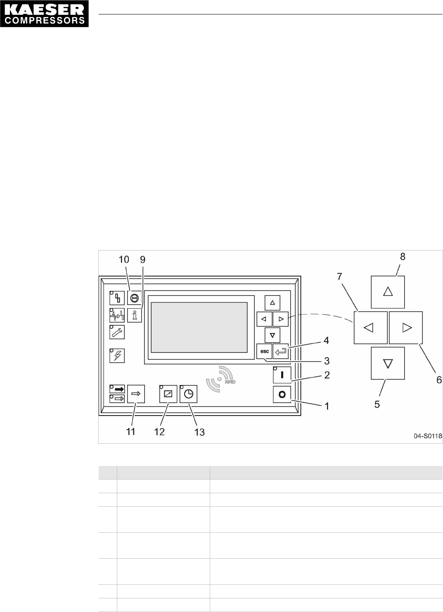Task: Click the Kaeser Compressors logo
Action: pos(44,14)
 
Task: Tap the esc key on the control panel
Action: pos(264,352)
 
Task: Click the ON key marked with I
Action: pos(282,375)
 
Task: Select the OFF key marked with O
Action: pos(282,395)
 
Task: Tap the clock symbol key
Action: pos(188,394)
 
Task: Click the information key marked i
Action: pos(134,315)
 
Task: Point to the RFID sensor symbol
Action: pos(220,378)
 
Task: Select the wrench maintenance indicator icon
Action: pos(117,332)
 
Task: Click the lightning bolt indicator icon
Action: pos(117,355)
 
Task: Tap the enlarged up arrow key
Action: pos(388,292)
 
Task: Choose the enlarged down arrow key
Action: pos(388,363)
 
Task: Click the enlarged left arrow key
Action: pos(370,328)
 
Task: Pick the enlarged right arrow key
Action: pos(406,328)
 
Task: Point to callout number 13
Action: pos(199,432)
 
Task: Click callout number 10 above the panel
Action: pos(124,260)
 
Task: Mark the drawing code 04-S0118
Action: pos(428,436)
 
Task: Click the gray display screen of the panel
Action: pos(199,327)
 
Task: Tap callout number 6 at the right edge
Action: pos(439,380)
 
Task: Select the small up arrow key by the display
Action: pos(272,302)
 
